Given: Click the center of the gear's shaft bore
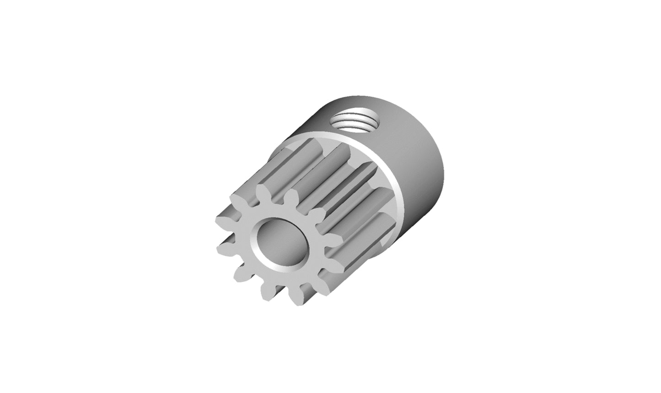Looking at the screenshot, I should coord(278,241).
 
